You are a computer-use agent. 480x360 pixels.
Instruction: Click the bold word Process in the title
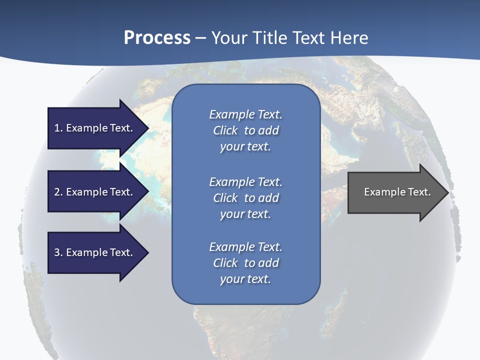157,38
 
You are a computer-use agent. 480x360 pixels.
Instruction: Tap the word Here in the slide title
348,38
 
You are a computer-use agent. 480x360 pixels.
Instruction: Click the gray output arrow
395,192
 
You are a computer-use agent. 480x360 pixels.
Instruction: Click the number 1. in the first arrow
58,128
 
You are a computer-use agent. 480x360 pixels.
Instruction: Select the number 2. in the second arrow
58,192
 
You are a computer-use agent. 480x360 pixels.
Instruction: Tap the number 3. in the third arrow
58,252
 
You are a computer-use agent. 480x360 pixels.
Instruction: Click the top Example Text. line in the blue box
245,114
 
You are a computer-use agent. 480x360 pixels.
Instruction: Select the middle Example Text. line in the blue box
245,181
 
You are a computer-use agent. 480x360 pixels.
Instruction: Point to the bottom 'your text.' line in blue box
245,279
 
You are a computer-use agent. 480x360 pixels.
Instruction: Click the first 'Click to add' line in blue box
245,130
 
